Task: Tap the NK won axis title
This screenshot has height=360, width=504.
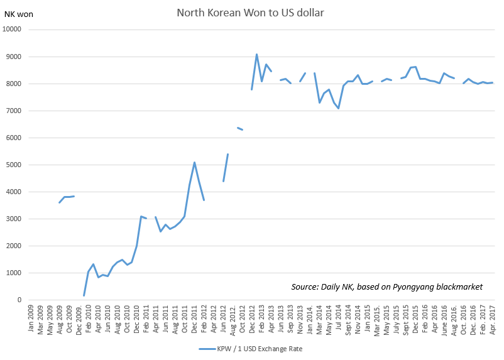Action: click(x=18, y=14)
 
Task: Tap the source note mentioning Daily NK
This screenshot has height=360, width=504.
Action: click(x=386, y=287)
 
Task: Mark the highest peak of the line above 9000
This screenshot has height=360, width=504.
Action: click(x=256, y=55)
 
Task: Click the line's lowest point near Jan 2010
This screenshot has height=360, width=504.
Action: click(x=84, y=295)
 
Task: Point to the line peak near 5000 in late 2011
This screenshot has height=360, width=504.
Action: click(x=195, y=163)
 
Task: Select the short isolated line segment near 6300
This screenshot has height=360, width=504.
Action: click(x=239, y=129)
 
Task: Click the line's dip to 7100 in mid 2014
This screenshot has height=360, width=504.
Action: click(x=338, y=109)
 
